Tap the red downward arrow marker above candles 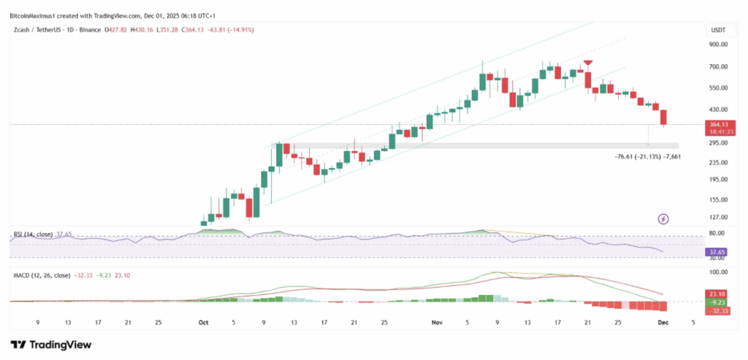coord(587,64)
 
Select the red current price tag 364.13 coord(717,124)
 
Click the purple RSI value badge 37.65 coord(717,252)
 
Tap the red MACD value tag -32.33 coord(717,311)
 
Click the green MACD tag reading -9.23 coord(717,302)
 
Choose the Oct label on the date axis coord(204,322)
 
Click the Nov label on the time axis coord(437,322)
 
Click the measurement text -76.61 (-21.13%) coord(640,156)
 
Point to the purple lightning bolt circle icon coord(663,218)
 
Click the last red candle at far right coord(664,118)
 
